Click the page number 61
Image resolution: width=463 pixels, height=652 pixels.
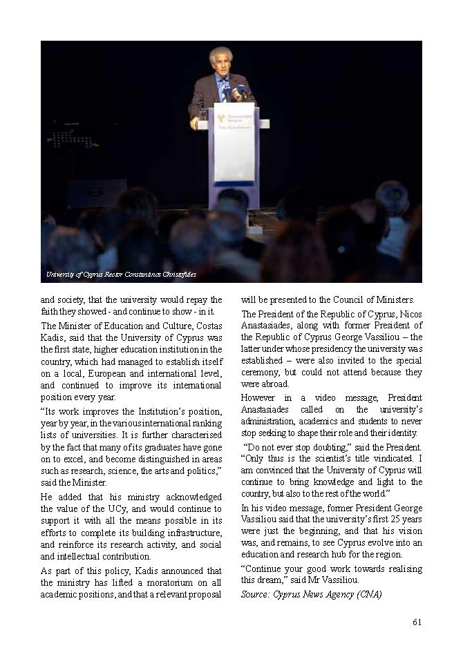pos(417,622)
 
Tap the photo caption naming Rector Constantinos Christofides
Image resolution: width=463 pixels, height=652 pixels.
pos(121,275)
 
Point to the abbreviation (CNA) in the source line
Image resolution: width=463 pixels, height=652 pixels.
pos(367,593)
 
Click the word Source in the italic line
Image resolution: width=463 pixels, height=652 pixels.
pos(256,593)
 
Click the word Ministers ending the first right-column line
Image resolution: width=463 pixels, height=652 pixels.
pos(411,300)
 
